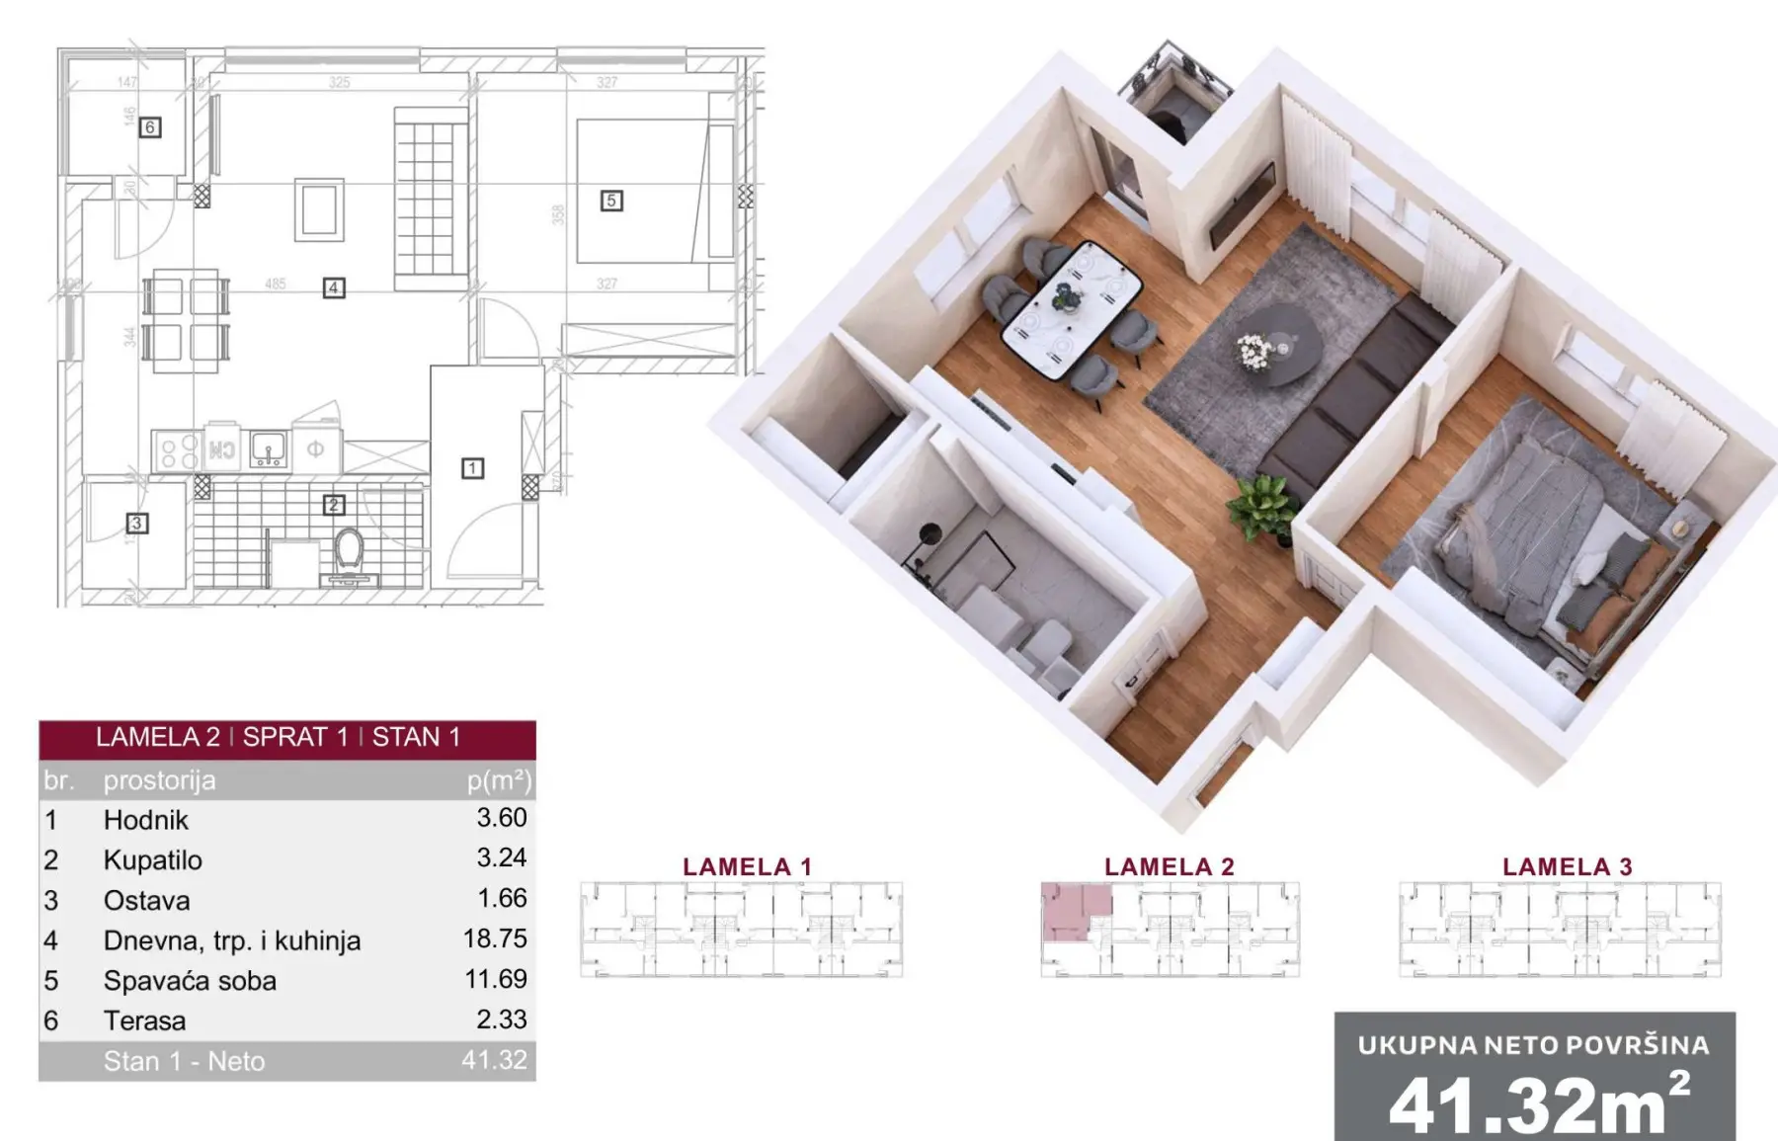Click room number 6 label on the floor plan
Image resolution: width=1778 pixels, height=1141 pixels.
click(x=149, y=127)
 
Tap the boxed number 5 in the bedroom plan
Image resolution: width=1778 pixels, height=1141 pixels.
click(x=611, y=201)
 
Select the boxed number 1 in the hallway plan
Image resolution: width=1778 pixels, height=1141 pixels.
click(x=472, y=468)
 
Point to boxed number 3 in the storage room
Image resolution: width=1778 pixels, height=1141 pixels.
click(x=137, y=523)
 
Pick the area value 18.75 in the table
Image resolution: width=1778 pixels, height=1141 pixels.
click(x=495, y=938)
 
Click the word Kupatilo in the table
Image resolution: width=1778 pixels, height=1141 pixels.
click(x=153, y=860)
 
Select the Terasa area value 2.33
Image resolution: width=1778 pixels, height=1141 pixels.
click(x=502, y=1019)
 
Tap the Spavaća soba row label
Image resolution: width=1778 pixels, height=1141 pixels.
click(x=190, y=981)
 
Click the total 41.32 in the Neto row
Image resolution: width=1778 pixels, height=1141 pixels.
click(x=494, y=1061)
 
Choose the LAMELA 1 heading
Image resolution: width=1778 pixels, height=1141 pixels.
click(x=747, y=867)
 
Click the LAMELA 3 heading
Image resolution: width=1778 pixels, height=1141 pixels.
click(x=1567, y=867)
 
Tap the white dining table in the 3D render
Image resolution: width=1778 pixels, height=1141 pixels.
click(x=1072, y=309)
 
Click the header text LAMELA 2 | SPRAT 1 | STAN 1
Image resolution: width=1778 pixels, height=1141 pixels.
click(x=279, y=738)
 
